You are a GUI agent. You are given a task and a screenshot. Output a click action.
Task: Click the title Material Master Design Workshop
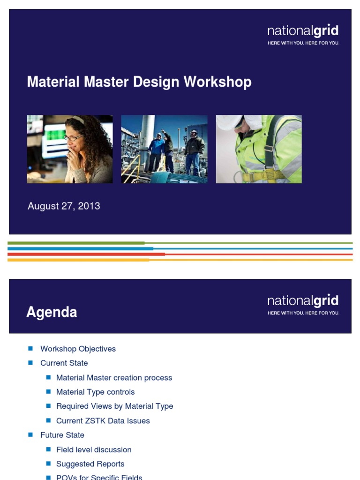[139, 82]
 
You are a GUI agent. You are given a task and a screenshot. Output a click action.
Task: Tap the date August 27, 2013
[64, 206]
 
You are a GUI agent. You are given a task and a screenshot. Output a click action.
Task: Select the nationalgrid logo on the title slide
[303, 35]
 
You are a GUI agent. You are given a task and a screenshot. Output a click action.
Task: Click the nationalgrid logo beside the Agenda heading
[303, 304]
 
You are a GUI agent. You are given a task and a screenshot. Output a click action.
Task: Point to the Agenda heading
[52, 312]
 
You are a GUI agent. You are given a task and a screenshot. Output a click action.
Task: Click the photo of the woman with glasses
[70, 149]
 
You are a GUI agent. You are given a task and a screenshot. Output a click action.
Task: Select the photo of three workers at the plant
[164, 149]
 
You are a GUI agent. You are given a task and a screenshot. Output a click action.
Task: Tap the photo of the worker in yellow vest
[259, 149]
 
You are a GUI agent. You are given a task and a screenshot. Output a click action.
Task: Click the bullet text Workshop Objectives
[78, 349]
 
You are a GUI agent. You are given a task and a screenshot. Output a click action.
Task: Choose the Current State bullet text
[64, 363]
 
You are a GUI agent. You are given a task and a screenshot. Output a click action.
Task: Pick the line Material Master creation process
[114, 377]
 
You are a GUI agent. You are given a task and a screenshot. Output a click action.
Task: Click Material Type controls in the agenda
[95, 392]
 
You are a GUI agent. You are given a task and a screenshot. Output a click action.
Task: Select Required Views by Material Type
[114, 406]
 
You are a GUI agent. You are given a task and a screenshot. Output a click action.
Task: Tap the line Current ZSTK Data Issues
[103, 420]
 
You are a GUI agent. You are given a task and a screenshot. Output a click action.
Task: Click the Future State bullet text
[62, 435]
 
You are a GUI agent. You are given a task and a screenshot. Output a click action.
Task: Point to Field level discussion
[94, 450]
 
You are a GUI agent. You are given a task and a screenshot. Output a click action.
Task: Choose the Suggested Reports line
[90, 464]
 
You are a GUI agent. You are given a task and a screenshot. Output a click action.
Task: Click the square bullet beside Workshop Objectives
[30, 348]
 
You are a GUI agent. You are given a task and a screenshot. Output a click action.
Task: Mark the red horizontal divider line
[180, 254]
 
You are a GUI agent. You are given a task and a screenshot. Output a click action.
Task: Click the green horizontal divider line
[180, 243]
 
